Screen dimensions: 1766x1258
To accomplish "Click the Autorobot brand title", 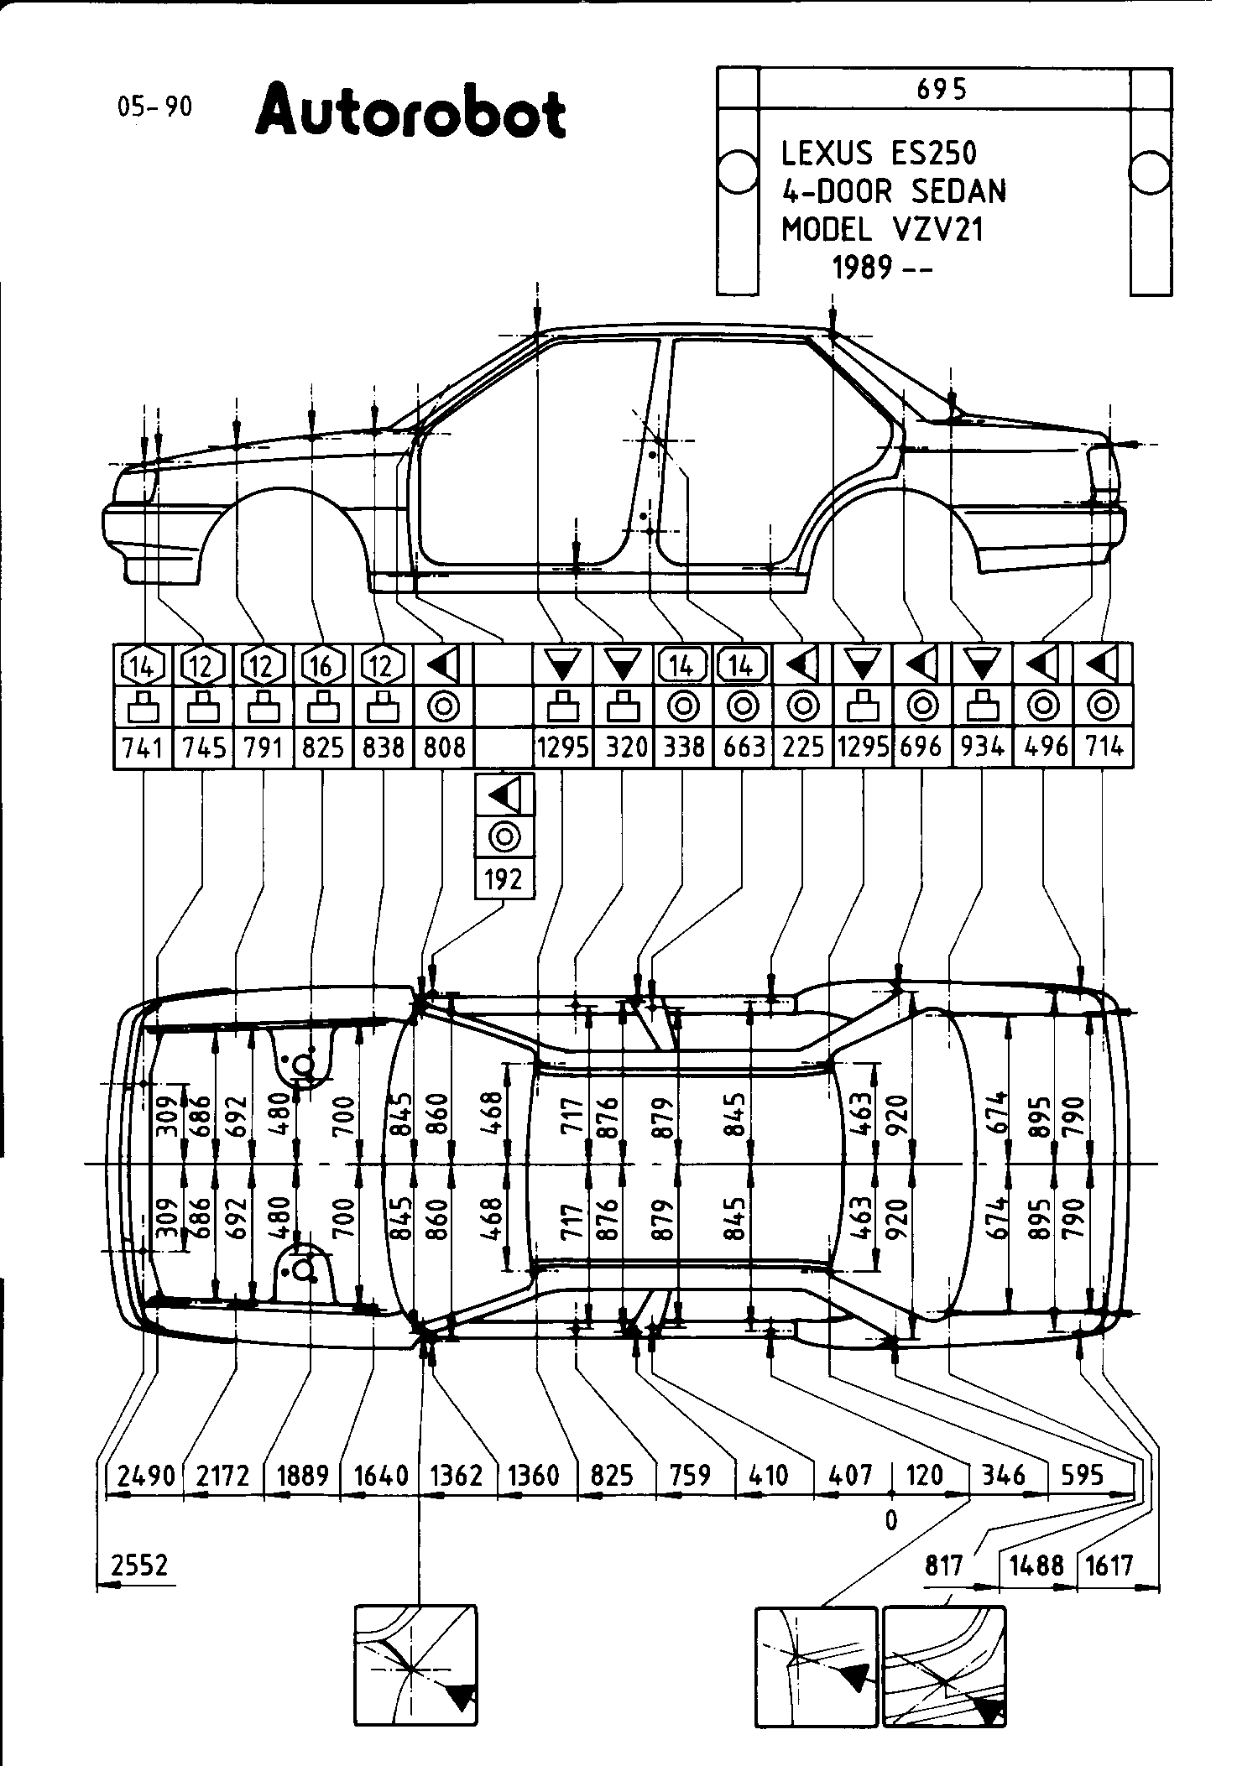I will pyautogui.click(x=410, y=112).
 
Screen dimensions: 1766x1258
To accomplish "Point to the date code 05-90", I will pyautogui.click(x=154, y=107).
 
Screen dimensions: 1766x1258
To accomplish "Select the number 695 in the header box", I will pyautogui.click(x=942, y=89).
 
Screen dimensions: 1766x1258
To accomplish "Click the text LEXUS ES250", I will pyautogui.click(x=879, y=154).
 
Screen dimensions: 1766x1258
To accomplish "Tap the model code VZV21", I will pyautogui.click(x=936, y=229).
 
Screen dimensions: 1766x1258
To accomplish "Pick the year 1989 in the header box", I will pyautogui.click(x=862, y=268).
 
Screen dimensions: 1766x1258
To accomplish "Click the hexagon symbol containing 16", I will pyautogui.click(x=321, y=666).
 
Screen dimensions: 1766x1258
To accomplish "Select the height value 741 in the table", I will pyautogui.click(x=142, y=747).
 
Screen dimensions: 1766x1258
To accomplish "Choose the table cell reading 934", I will pyautogui.click(x=982, y=747).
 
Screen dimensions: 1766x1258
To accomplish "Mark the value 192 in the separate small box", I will pyautogui.click(x=504, y=879).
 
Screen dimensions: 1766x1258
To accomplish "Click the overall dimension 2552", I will pyautogui.click(x=139, y=1565).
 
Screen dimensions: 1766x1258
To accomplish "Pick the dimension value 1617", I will pyautogui.click(x=1109, y=1565).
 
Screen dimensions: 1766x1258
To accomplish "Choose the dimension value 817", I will pyautogui.click(x=944, y=1565).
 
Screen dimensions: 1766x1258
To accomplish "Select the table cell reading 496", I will pyautogui.click(x=1045, y=747).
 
